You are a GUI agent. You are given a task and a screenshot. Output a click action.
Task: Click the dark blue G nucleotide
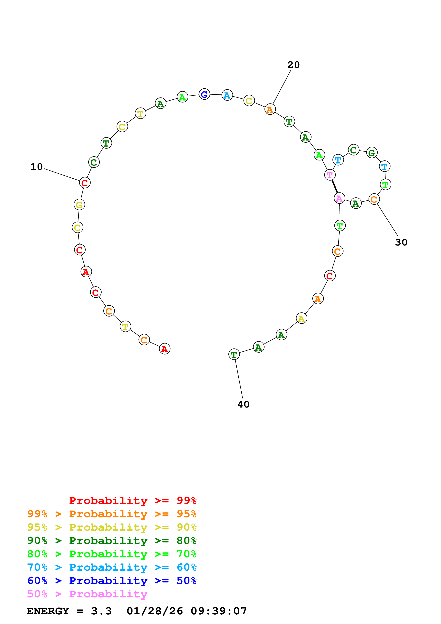[204, 94]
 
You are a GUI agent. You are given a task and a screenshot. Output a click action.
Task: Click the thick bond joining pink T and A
[334, 186]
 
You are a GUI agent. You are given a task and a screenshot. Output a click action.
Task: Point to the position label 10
[36, 167]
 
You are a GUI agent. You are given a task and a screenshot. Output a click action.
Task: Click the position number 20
[294, 65]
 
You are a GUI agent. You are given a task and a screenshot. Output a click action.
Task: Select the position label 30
[401, 242]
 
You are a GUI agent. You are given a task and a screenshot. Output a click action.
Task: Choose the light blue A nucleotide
[227, 95]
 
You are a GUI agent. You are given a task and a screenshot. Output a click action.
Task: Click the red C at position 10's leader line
[85, 183]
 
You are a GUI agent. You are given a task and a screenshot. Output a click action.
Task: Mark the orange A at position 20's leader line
[270, 109]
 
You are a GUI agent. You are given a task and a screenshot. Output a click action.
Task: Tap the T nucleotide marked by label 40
[234, 354]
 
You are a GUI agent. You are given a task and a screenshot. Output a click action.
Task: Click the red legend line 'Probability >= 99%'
[133, 500]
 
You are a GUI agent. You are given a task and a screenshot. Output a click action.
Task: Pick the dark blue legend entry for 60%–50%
[112, 581]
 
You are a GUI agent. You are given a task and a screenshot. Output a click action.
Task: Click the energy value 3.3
[101, 611]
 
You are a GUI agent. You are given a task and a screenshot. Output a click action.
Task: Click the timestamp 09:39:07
[219, 611]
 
